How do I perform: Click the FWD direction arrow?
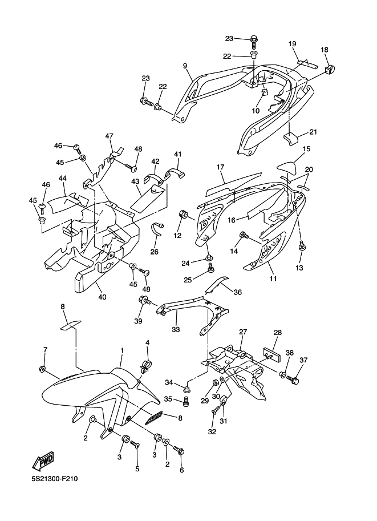click(x=42, y=461)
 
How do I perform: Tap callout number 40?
click(x=102, y=297)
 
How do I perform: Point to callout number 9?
click(x=185, y=66)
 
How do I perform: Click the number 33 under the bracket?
click(x=176, y=329)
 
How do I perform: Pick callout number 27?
click(x=244, y=332)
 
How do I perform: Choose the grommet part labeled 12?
click(x=183, y=215)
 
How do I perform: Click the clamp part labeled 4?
click(x=145, y=365)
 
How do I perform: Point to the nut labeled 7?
click(x=42, y=369)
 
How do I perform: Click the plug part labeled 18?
click(x=329, y=70)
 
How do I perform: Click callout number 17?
click(x=220, y=167)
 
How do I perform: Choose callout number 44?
click(x=62, y=179)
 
